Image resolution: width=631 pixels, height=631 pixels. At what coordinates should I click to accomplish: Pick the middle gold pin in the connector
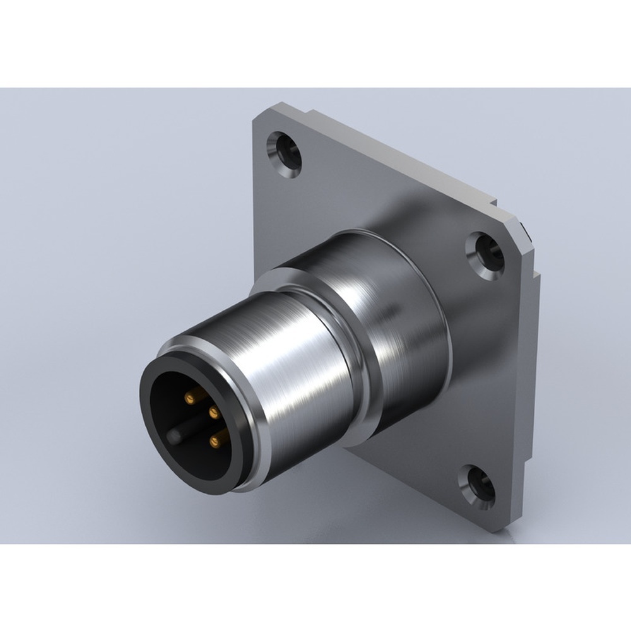(x=213, y=413)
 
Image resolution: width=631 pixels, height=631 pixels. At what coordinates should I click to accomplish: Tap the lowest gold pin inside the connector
(x=213, y=440)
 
